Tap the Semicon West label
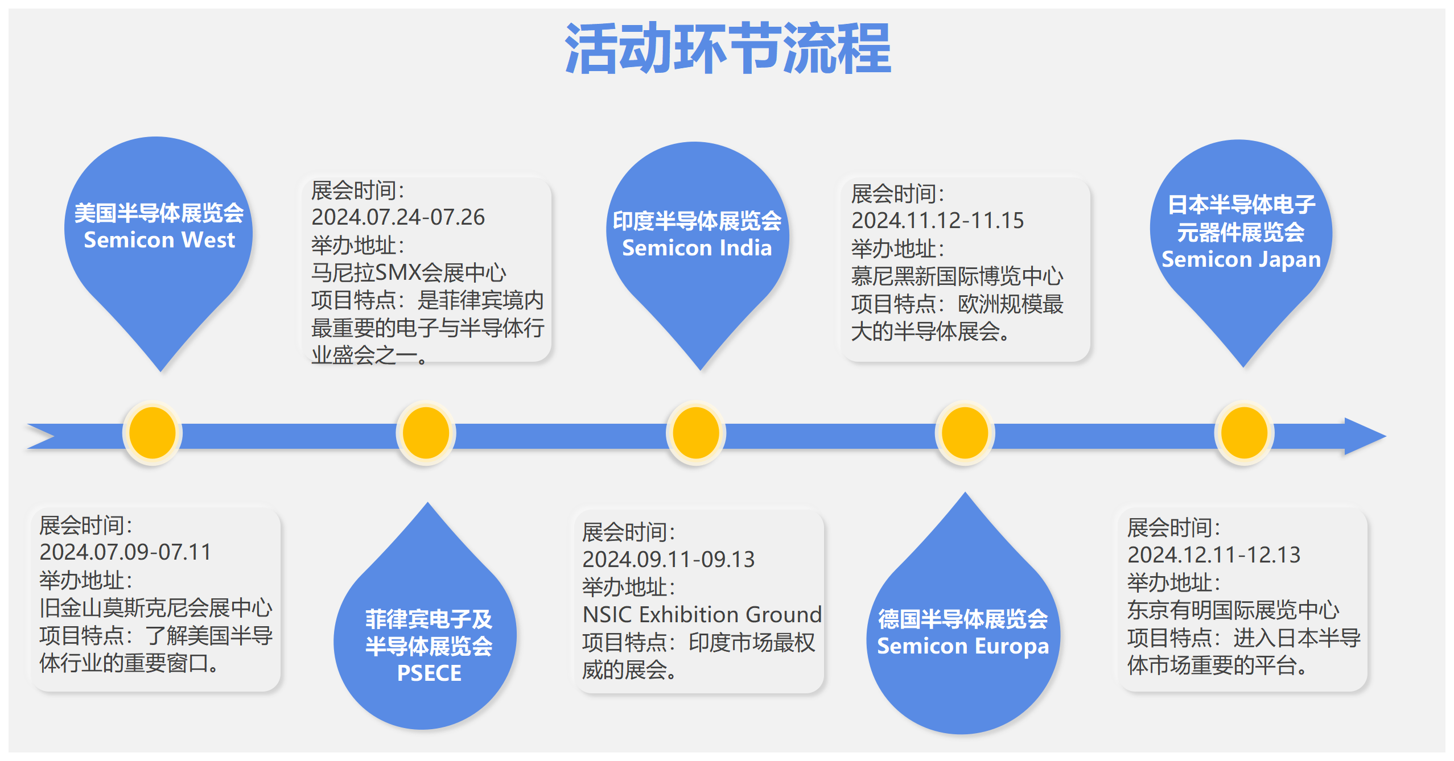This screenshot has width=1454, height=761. click(159, 240)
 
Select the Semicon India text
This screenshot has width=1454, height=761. click(697, 248)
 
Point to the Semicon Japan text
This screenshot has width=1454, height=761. click(1241, 259)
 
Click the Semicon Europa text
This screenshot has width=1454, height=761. click(962, 646)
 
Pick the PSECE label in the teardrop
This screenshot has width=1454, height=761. click(429, 673)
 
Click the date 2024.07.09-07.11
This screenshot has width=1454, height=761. click(125, 552)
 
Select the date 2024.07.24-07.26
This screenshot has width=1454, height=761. click(398, 217)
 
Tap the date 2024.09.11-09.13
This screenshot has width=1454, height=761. click(668, 560)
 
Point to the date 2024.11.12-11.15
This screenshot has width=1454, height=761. click(937, 221)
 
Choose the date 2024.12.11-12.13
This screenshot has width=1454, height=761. click(1214, 555)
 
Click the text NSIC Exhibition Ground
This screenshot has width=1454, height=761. click(702, 615)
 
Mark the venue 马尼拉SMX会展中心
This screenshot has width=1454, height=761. click(408, 273)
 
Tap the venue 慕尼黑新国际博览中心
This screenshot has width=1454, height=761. click(957, 276)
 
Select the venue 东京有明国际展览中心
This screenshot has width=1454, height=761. click(1233, 610)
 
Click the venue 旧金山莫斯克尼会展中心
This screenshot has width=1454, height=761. click(156, 608)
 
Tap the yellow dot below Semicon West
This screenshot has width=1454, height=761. click(153, 433)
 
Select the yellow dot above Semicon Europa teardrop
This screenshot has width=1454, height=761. click(965, 433)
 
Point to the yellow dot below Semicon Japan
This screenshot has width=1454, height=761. click(1244, 433)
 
